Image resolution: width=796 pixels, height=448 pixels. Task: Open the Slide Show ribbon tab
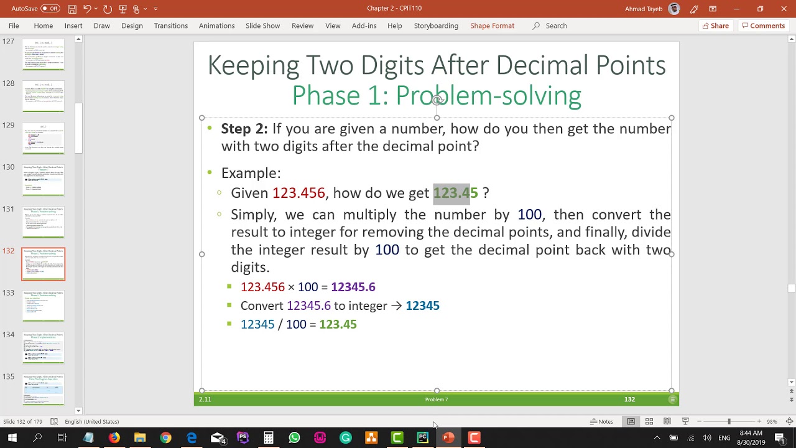click(x=262, y=26)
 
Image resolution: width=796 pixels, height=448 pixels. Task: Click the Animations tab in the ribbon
click(x=216, y=26)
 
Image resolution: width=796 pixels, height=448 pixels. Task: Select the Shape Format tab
click(x=492, y=26)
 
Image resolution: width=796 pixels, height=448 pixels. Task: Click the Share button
click(x=715, y=26)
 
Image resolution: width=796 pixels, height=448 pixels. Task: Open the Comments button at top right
click(x=763, y=26)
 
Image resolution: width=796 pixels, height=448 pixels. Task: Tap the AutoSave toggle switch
click(x=50, y=9)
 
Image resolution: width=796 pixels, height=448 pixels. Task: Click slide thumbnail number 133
click(x=44, y=306)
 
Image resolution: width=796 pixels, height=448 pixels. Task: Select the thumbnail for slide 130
click(x=44, y=180)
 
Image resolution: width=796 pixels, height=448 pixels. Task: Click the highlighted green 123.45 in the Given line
click(x=455, y=193)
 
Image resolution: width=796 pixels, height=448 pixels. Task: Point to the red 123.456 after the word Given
click(x=298, y=193)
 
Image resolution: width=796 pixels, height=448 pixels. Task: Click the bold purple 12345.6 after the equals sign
click(x=353, y=287)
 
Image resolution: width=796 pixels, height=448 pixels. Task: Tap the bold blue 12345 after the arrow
click(x=422, y=306)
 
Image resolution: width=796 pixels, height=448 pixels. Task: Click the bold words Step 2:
click(x=244, y=129)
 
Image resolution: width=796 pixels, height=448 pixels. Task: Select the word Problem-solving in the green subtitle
click(x=488, y=96)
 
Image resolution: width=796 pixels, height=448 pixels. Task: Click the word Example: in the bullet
click(x=251, y=173)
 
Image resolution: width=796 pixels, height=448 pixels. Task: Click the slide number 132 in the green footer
click(x=629, y=399)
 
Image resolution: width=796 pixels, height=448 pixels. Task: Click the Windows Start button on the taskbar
click(x=12, y=438)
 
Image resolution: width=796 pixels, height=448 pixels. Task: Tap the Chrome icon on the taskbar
click(x=165, y=438)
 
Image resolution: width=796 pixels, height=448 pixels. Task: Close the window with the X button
click(x=784, y=9)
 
